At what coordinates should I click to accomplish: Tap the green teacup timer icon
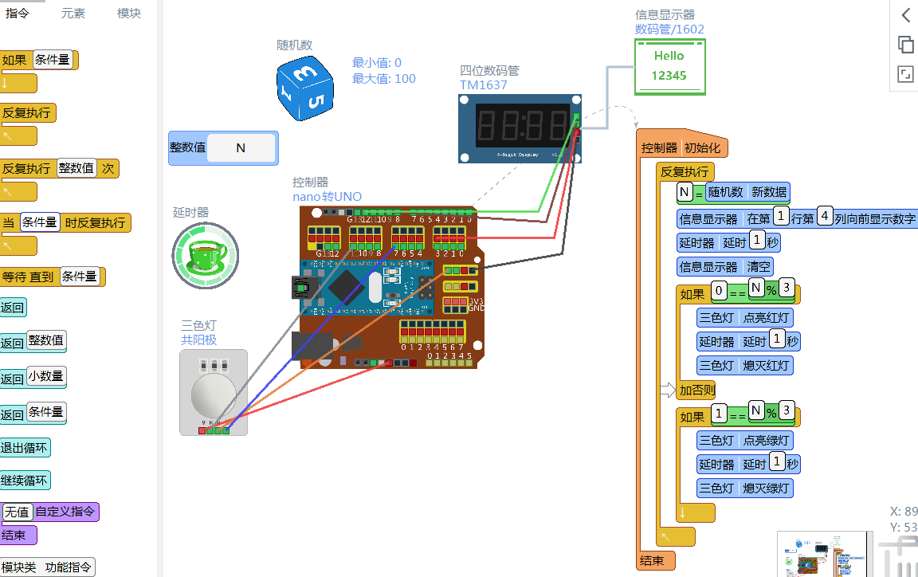pyautogui.click(x=206, y=255)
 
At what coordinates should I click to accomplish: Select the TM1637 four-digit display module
pyautogui.click(x=518, y=128)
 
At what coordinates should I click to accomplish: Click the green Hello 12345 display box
pyautogui.click(x=669, y=66)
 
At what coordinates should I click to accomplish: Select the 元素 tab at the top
pyautogui.click(x=73, y=14)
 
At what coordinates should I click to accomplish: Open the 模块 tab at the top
pyautogui.click(x=129, y=14)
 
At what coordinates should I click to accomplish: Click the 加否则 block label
pyautogui.click(x=696, y=391)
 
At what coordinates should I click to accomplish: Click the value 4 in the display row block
pyautogui.click(x=825, y=216)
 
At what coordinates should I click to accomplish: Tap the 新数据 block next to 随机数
pyautogui.click(x=769, y=192)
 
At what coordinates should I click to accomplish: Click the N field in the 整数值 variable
pyautogui.click(x=241, y=147)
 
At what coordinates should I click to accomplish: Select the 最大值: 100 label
pyautogui.click(x=384, y=78)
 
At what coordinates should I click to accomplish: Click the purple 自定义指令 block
pyautogui.click(x=65, y=512)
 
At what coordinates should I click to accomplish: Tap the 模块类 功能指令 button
pyautogui.click(x=48, y=567)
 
